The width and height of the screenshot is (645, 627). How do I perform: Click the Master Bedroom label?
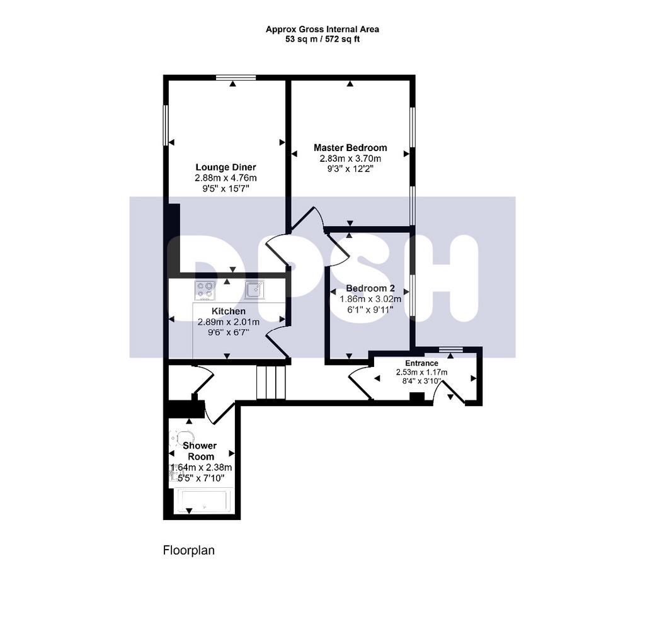[350, 147]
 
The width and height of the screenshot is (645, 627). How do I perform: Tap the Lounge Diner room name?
[225, 167]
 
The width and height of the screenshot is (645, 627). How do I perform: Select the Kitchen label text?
[228, 311]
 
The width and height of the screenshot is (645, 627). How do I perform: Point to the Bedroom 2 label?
[370, 288]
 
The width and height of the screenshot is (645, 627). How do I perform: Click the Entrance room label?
[421, 363]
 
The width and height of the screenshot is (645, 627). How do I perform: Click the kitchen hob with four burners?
[205, 290]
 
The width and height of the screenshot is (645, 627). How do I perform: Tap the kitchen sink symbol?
[255, 290]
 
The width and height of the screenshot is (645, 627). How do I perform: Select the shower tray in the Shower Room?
[204, 500]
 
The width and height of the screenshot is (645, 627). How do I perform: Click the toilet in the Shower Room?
[181, 438]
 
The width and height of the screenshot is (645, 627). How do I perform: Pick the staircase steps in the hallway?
[271, 382]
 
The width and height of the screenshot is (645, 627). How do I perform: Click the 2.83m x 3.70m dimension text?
[350, 158]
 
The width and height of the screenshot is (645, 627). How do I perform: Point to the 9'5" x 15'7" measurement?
[225, 189]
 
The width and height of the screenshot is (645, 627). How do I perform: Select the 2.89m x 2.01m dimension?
[228, 322]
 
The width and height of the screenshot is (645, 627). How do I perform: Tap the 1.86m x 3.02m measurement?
[370, 299]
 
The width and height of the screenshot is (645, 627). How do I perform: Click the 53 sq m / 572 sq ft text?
[322, 40]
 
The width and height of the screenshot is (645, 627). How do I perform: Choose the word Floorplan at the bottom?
[189, 550]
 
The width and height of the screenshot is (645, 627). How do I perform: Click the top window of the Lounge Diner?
[236, 77]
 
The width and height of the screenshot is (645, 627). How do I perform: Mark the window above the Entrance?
[450, 349]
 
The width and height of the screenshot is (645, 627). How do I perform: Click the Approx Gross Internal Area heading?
[322, 29]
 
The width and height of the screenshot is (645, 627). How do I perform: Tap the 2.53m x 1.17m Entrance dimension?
[421, 372]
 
